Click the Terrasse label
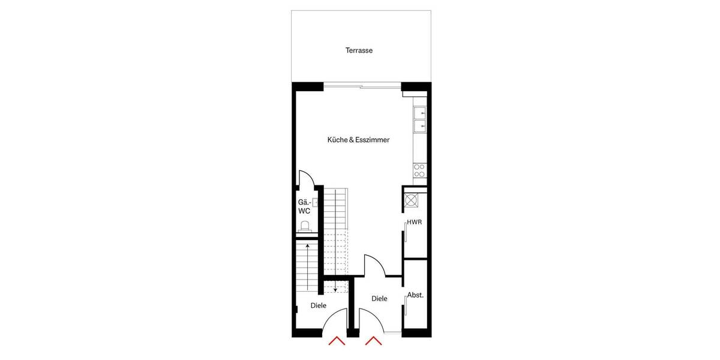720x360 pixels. click(x=359, y=50)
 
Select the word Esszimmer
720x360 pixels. click(x=372, y=140)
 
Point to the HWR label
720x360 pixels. click(x=415, y=222)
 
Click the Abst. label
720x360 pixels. click(x=415, y=295)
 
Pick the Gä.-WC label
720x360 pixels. click(x=304, y=207)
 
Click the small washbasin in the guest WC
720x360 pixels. click(x=314, y=203)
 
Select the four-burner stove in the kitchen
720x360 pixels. click(x=419, y=170)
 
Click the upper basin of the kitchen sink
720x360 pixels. click(x=419, y=113)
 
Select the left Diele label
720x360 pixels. click(x=319, y=305)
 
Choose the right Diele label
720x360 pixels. click(x=379, y=299)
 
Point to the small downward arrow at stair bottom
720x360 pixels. click(x=335, y=288)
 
